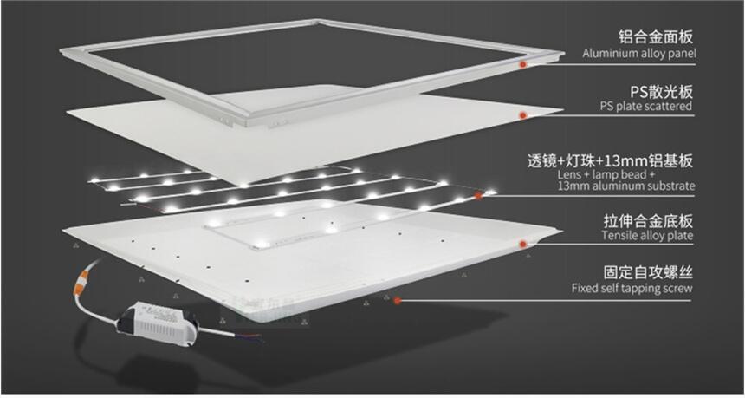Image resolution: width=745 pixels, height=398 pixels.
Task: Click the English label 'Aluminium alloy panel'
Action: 639,53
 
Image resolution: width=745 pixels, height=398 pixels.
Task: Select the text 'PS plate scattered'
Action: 645,106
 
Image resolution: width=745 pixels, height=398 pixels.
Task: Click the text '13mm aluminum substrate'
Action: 626,186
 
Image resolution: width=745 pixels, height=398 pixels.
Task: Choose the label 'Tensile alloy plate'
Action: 647,235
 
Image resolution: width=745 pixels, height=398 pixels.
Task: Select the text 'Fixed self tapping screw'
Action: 632,288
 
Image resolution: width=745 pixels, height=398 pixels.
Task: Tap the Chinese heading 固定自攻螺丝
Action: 648,273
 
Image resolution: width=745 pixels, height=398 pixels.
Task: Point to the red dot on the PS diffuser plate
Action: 522,115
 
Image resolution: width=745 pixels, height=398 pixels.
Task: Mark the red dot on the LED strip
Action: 478,195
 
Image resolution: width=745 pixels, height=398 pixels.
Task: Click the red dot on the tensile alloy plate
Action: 523,244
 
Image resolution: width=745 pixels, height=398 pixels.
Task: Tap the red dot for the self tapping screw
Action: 398,301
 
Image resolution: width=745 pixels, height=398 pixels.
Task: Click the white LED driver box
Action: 159,322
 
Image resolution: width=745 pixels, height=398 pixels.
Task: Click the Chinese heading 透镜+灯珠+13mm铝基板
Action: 610,160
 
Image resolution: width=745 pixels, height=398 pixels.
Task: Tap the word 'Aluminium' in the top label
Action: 606,53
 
